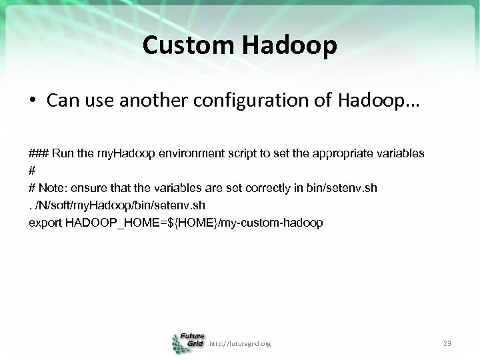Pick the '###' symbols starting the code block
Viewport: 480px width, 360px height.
click(38, 153)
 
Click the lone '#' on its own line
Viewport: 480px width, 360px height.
click(32, 171)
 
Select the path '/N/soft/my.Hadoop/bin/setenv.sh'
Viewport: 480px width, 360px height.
click(108, 205)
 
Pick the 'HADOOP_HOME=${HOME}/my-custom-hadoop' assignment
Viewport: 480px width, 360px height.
click(194, 223)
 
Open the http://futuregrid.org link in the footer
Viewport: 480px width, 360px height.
click(240, 343)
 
